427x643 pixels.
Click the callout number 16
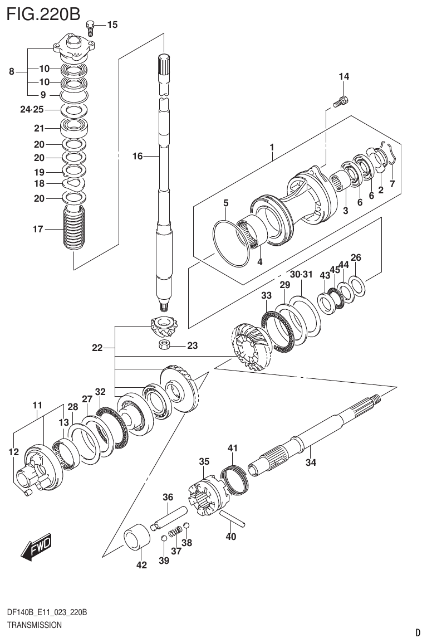(138, 157)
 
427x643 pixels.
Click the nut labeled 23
(165, 345)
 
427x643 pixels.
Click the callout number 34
(310, 462)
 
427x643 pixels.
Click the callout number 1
(272, 148)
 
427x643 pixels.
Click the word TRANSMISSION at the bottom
(34, 625)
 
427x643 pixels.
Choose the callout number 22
(97, 348)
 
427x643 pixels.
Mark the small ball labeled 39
(164, 538)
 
